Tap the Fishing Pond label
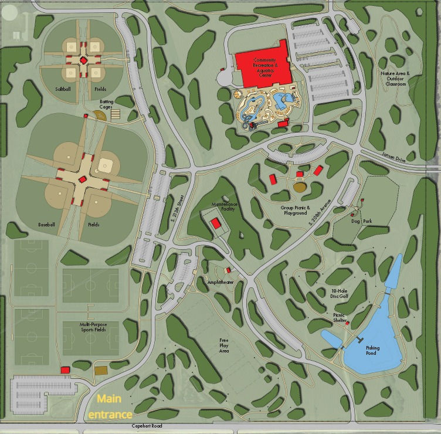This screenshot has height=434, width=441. tap(373, 351)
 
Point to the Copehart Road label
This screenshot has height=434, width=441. tap(147, 426)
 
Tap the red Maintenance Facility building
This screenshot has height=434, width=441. tap(215, 223)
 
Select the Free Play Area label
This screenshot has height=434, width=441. tap(224, 345)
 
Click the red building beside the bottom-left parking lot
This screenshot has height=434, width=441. tap(65, 369)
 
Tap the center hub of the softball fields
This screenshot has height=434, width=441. tap(83, 60)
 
